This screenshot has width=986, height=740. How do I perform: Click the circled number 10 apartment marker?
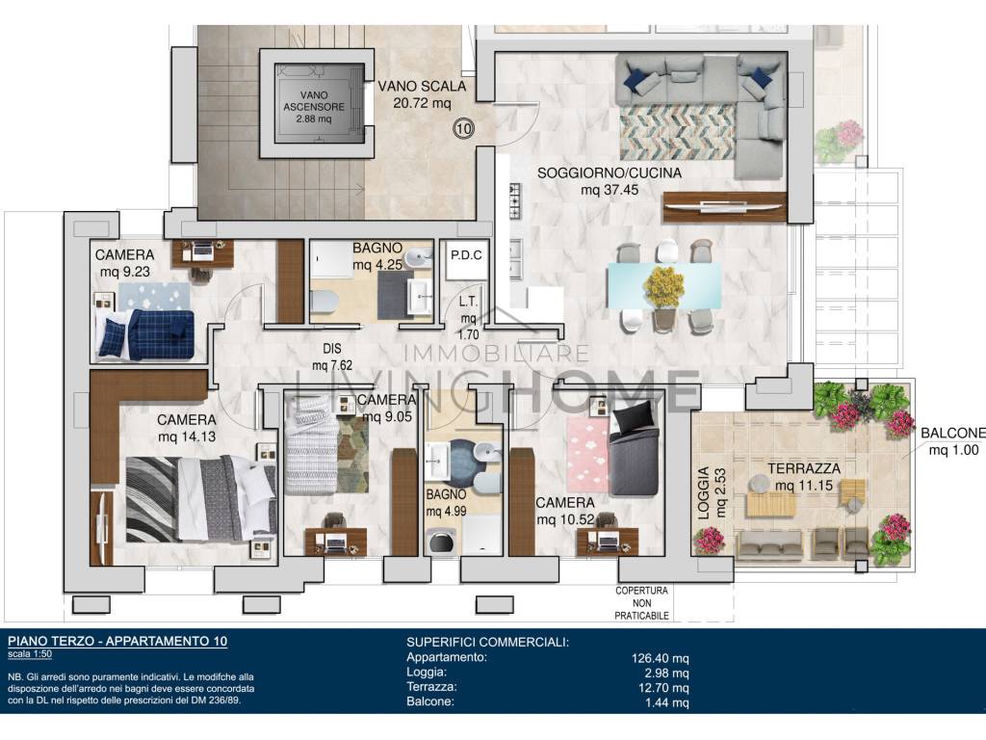click(463, 129)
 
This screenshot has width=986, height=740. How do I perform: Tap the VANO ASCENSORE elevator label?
click(314, 106)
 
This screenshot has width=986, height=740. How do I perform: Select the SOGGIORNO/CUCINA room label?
click(610, 180)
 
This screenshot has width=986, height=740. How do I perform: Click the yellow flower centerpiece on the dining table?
click(665, 287)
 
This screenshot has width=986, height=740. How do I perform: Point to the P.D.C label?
click(466, 254)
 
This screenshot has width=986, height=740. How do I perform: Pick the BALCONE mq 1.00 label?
click(953, 441)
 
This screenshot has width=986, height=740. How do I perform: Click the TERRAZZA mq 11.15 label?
click(804, 476)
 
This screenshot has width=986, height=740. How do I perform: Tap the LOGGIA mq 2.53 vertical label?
click(712, 492)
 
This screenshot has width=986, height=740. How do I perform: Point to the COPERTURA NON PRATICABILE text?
click(641, 603)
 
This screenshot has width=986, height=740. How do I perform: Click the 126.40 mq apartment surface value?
click(661, 658)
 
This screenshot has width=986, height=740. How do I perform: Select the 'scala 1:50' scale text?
click(30, 654)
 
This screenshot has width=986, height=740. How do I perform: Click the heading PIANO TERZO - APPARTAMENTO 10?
click(117, 641)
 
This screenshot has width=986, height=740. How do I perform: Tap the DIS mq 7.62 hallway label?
click(332, 357)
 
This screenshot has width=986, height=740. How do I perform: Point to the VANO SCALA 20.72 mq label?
click(422, 94)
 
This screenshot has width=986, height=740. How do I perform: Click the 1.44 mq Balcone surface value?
click(666, 702)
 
